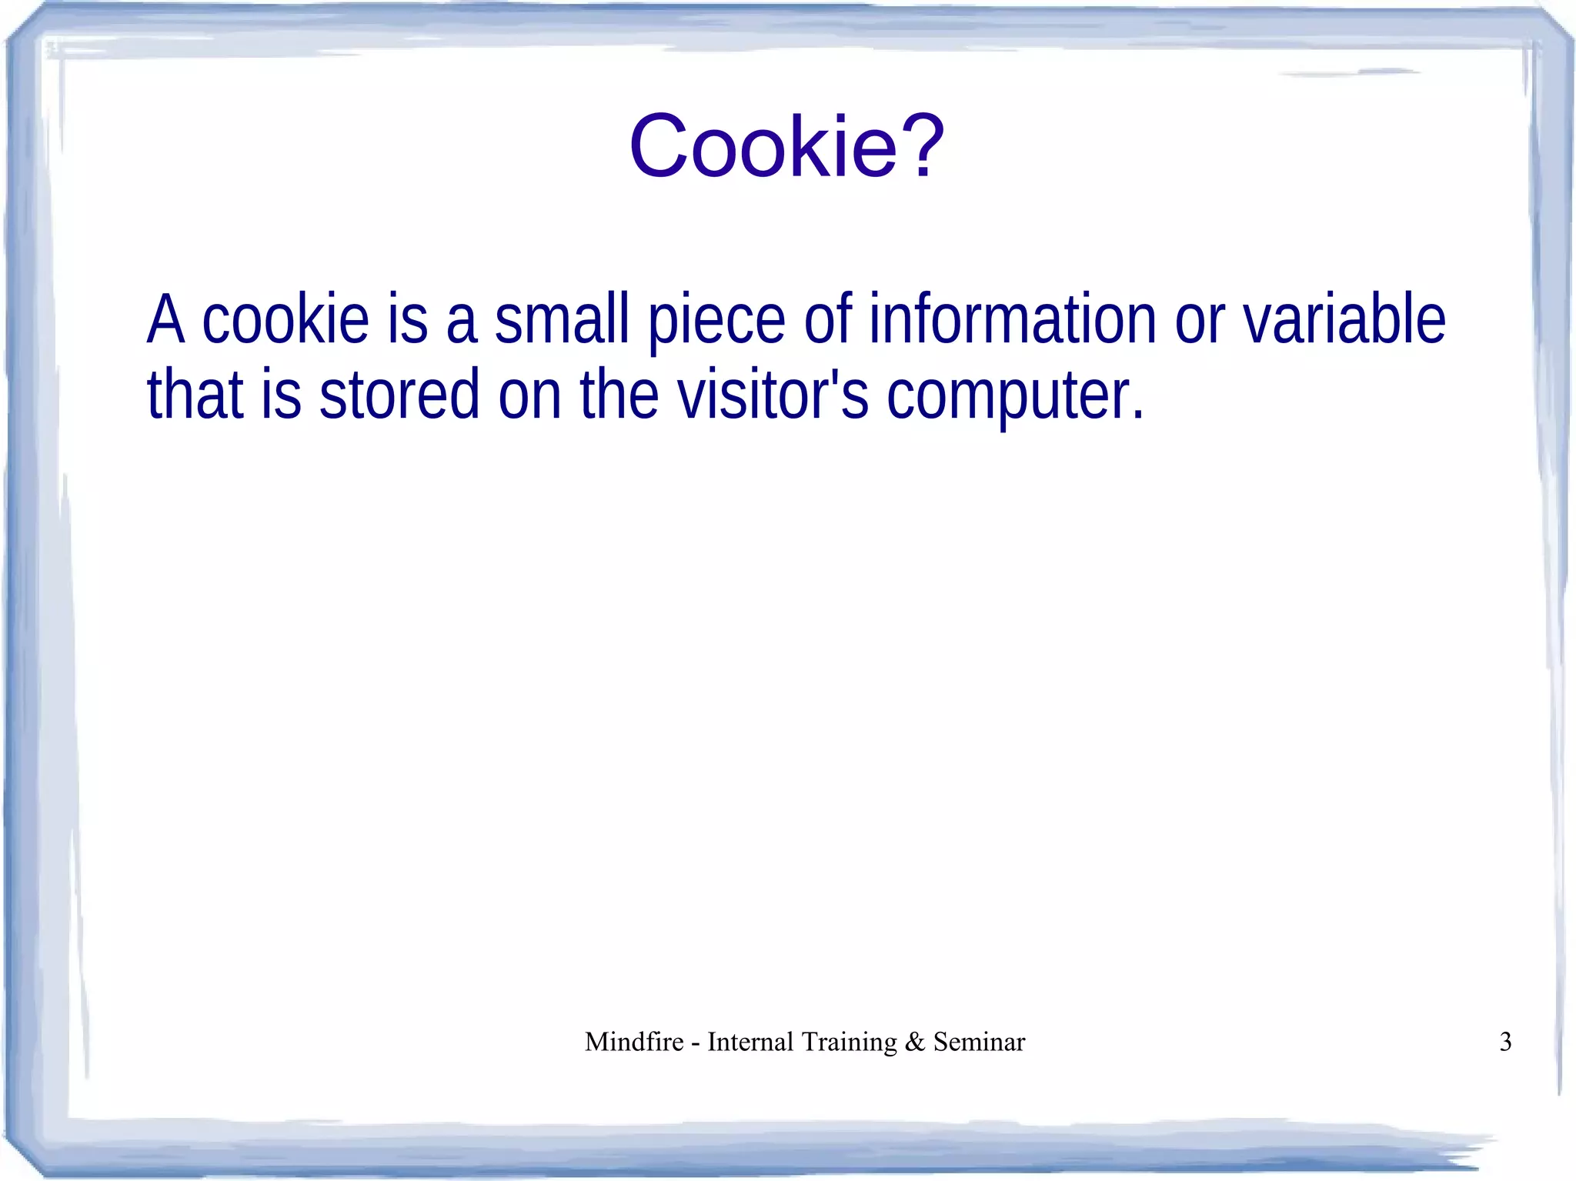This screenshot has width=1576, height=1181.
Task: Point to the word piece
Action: click(716, 322)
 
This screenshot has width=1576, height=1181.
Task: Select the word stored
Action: click(399, 394)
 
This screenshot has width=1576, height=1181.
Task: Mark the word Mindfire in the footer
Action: click(634, 1042)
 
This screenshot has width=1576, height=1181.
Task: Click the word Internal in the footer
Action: click(750, 1042)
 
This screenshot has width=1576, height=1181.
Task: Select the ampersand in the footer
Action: click(915, 1042)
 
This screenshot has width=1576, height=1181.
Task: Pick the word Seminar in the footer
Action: click(979, 1042)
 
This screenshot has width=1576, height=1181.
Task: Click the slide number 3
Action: click(1506, 1042)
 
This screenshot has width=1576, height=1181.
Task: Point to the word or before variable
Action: click(1200, 322)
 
